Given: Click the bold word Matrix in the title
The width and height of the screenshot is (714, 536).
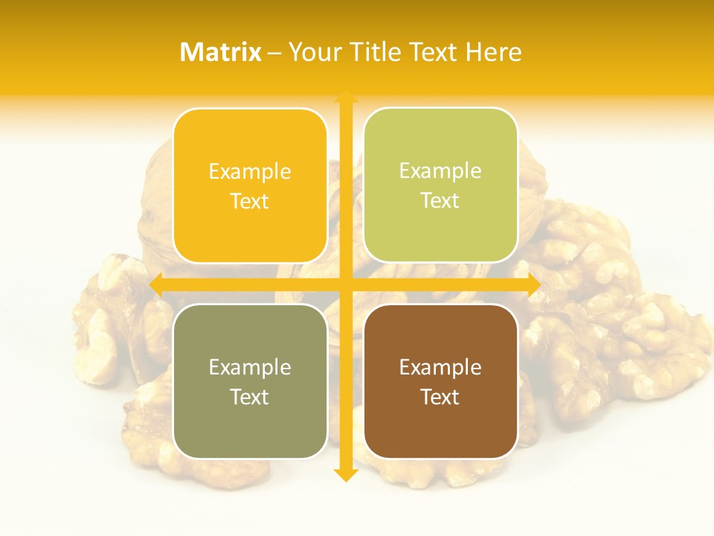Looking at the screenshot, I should (x=221, y=52).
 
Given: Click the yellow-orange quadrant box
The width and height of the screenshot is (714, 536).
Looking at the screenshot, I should (x=250, y=186).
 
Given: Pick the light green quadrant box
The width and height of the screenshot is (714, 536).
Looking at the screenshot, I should (x=440, y=185).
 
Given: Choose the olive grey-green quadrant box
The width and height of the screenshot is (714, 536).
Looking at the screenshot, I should (x=250, y=381).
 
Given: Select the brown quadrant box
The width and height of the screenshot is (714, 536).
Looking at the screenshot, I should (x=440, y=381).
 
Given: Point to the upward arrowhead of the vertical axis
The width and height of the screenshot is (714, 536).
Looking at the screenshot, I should (x=346, y=97).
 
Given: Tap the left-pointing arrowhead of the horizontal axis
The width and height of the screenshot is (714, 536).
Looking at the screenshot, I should (x=156, y=285).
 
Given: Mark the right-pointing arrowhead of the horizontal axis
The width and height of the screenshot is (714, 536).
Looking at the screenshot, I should (x=533, y=285).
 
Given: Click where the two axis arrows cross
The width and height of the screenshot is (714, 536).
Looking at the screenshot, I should (x=346, y=285).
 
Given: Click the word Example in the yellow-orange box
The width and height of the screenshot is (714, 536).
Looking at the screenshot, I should (x=250, y=172).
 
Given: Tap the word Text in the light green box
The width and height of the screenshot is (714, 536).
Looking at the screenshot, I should (x=440, y=201).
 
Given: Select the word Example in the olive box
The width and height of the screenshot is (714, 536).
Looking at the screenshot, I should (x=250, y=368).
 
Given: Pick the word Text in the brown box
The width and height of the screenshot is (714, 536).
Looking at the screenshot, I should (x=440, y=397).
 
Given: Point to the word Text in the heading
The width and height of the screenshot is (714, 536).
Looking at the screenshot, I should (x=434, y=52).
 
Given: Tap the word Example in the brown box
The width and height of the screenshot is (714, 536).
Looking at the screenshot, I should (x=440, y=367).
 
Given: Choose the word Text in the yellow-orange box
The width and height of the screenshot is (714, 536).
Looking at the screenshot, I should (x=250, y=202).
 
